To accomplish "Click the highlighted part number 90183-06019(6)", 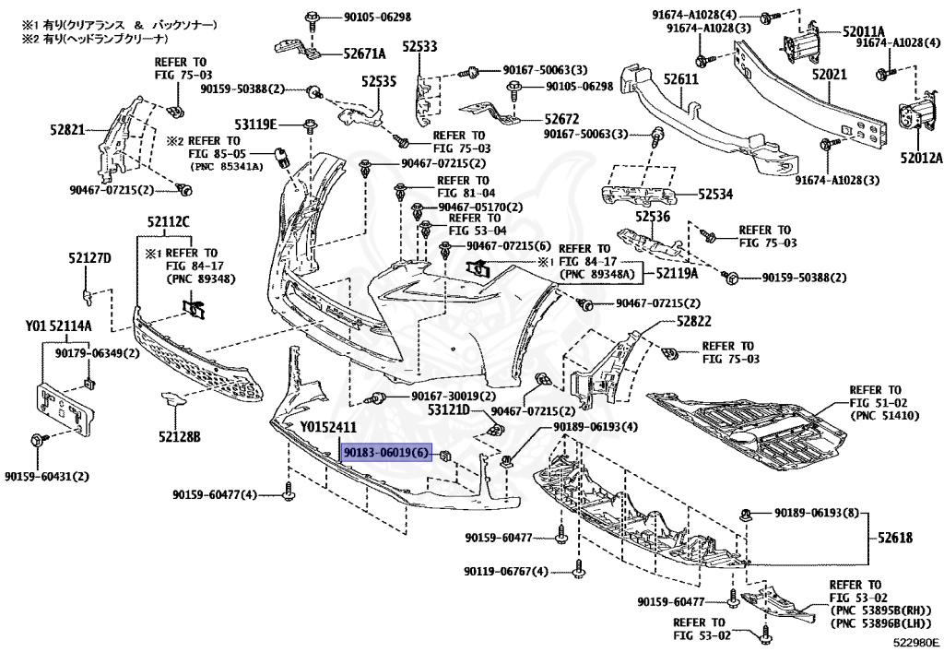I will (385, 454).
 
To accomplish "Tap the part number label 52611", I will (678, 80).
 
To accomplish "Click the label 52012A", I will (922, 158).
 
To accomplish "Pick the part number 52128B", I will (180, 435).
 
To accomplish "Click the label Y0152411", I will (328, 427).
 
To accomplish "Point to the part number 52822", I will (693, 321).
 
